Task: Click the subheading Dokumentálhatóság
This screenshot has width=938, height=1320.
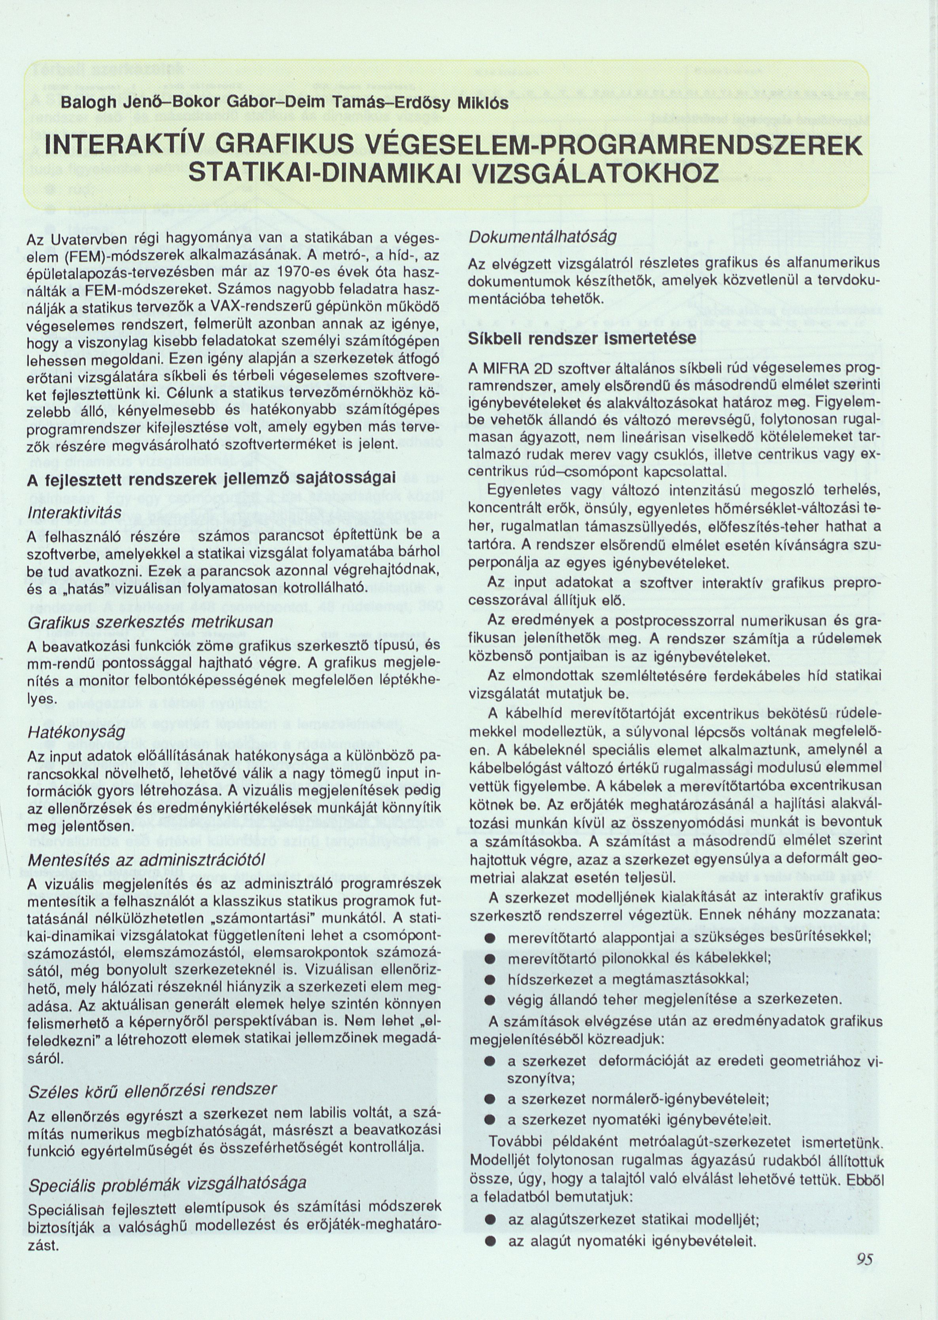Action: (x=543, y=237)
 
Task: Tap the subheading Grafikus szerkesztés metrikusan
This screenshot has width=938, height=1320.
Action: (x=150, y=622)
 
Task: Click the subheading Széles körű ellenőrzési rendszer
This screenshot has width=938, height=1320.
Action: (x=153, y=1089)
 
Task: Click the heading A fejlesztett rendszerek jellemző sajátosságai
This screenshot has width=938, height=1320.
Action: (x=212, y=479)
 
